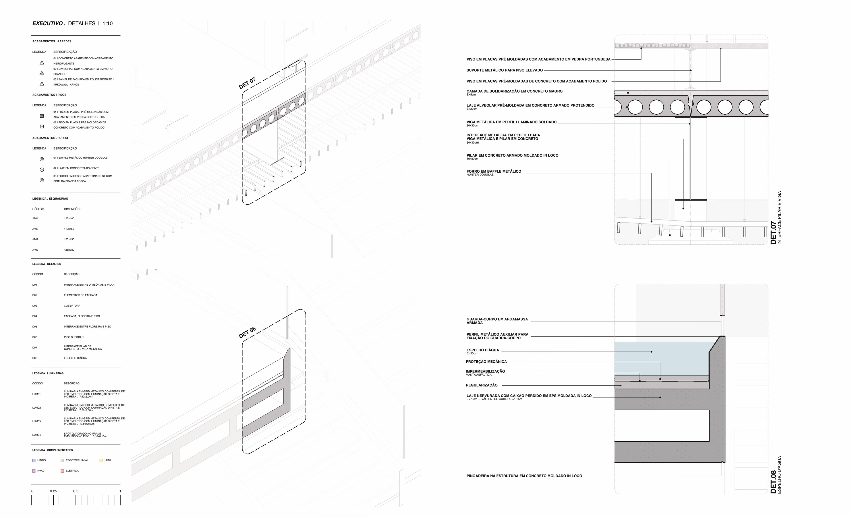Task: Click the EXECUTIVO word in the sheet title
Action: pyautogui.click(x=47, y=23)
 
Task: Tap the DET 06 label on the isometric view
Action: pyautogui.click(x=247, y=332)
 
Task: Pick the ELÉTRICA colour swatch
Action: pyautogui.click(x=62, y=471)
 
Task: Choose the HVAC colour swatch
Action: pyautogui.click(x=34, y=471)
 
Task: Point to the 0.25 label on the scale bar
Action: pyautogui.click(x=53, y=491)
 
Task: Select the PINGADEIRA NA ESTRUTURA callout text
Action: pyautogui.click(x=524, y=476)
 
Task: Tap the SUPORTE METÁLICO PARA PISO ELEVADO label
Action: pyautogui.click(x=504, y=70)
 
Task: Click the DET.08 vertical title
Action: pyautogui.click(x=773, y=482)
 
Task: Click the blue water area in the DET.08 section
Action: pyautogui.click(x=659, y=358)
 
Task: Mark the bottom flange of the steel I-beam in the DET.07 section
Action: pyautogui.click(x=690, y=200)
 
